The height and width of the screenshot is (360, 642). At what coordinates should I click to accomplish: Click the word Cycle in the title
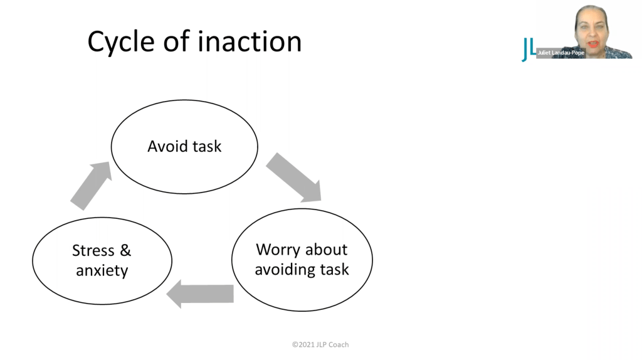point(121,42)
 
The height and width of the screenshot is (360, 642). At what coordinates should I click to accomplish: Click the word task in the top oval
point(207,146)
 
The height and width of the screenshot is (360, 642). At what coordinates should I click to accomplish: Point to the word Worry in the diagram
point(278,250)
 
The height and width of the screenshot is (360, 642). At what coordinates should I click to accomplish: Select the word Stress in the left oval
point(93,250)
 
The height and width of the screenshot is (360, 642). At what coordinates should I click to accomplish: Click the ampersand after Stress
point(125,250)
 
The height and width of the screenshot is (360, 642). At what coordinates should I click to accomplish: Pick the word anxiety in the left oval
point(102,271)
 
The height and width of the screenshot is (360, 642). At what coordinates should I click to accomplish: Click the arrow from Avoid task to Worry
point(293,177)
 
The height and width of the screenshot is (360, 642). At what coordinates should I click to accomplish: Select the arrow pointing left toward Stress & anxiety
point(200,294)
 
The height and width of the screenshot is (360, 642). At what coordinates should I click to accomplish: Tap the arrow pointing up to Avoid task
point(91,186)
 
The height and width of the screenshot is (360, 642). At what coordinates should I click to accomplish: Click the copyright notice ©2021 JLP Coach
point(320,345)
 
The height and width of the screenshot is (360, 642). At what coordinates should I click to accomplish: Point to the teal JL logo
point(529,50)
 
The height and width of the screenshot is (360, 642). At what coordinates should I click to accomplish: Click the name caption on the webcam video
point(561,53)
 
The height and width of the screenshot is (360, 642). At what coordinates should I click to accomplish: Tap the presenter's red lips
point(593,43)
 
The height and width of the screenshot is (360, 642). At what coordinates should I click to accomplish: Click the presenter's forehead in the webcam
point(591,17)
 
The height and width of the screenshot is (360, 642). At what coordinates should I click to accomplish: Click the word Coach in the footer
point(338,345)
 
